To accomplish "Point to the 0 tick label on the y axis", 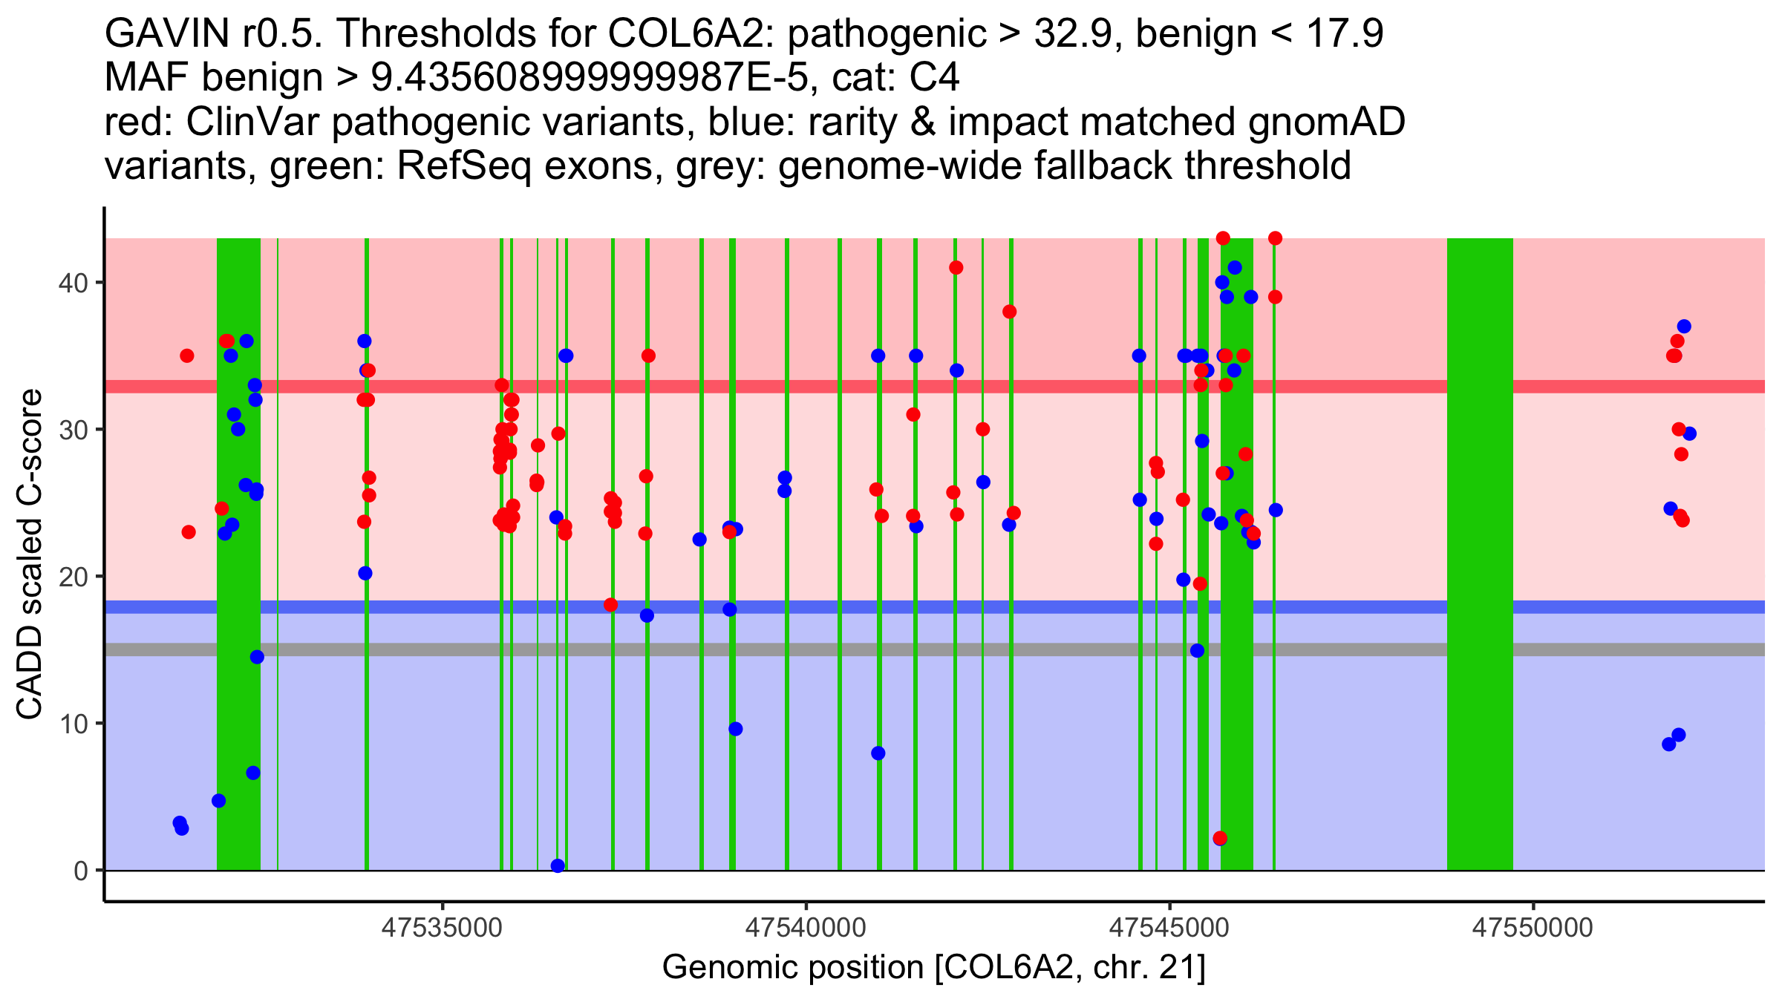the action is click(x=81, y=871).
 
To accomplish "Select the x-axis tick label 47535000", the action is click(x=443, y=927).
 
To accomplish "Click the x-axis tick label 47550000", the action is click(x=1533, y=927).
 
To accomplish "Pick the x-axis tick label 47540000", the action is click(x=806, y=927).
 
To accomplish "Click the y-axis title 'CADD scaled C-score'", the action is click(x=30, y=554).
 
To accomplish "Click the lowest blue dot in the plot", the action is click(x=558, y=865).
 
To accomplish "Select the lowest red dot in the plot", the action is click(x=1220, y=838).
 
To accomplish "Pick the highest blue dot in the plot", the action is click(x=1235, y=268).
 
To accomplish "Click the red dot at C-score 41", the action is click(x=956, y=268).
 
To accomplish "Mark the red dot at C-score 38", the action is click(x=1009, y=312).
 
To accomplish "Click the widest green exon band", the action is click(x=1480, y=554).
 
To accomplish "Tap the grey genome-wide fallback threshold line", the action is click(x=935, y=649).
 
